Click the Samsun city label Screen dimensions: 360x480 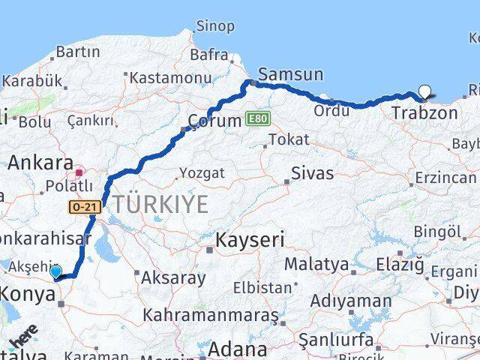pos(291,74)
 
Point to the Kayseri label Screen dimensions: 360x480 pos(250,241)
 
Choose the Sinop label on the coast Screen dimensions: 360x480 pos(215,27)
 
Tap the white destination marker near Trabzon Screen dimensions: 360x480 pos(425,92)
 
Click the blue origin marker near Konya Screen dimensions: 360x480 pos(55,271)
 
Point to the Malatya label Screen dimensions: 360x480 pos(316,264)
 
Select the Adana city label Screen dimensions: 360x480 pos(237,349)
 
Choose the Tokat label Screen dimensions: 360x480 pos(288,139)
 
